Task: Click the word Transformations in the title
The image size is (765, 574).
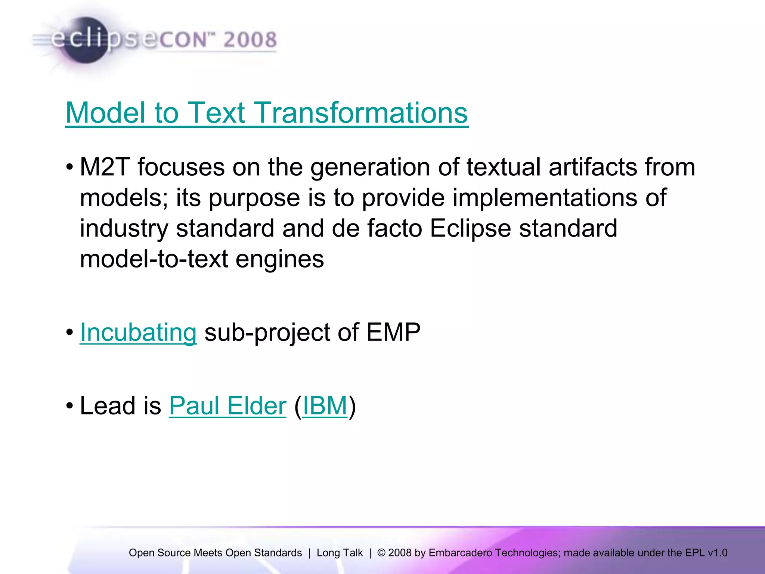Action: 360,112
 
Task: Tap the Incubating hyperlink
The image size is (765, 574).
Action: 138,332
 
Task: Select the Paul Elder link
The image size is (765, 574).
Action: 227,405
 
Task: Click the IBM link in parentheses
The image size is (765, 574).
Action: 325,405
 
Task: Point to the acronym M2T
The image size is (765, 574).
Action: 104,167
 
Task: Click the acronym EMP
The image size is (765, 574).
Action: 393,332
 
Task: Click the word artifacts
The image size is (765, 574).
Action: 593,167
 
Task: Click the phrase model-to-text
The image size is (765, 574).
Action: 154,259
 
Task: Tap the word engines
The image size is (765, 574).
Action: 279,259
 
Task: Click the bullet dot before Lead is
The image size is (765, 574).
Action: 69,406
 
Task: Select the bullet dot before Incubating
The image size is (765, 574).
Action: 69,332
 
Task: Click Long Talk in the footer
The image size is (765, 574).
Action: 340,553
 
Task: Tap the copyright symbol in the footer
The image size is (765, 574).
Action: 381,553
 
